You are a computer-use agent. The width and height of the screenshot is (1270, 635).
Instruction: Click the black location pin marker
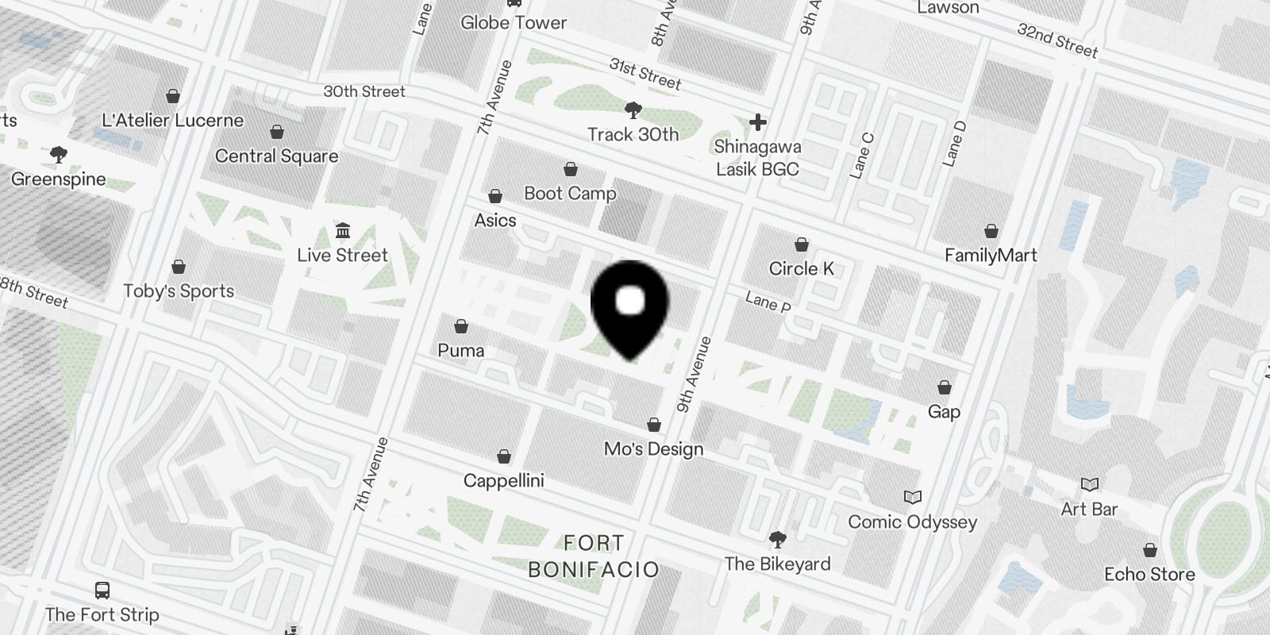point(630,306)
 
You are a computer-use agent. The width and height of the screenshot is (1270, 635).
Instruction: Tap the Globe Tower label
point(514,22)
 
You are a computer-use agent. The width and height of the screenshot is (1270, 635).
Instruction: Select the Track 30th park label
point(633,134)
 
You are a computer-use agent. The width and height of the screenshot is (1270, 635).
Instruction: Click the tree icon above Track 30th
point(633,110)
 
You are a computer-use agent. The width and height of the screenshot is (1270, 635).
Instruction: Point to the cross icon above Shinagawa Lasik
point(757,122)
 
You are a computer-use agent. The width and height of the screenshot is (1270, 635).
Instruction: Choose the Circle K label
point(802,269)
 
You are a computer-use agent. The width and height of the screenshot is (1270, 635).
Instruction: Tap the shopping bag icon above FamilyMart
point(991,231)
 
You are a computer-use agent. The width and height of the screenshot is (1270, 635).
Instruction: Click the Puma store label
point(460,350)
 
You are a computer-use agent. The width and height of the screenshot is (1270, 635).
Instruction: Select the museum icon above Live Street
point(343,231)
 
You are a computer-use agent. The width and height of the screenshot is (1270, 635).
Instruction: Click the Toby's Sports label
point(179,291)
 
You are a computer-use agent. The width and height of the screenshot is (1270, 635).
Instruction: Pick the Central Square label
point(276,156)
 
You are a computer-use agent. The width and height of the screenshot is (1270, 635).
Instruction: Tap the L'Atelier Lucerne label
point(172,121)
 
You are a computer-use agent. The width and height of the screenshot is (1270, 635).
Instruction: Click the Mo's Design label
point(653,449)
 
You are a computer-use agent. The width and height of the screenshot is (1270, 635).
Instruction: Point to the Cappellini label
point(503,481)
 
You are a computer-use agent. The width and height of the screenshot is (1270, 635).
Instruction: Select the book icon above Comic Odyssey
point(913,498)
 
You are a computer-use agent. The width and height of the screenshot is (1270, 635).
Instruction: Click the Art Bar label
point(1089,509)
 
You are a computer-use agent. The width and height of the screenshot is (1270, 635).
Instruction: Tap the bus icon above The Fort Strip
point(102,591)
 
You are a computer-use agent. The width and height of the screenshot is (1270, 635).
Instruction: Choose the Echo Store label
point(1149,574)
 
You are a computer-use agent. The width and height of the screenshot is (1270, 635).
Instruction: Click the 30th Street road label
point(364,91)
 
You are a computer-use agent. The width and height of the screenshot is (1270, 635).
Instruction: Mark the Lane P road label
point(768,302)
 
